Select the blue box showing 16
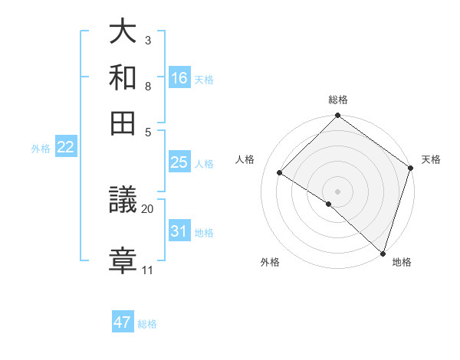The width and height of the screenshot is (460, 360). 179,77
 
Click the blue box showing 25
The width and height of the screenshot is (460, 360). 179,162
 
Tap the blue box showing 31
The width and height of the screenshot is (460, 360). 179,231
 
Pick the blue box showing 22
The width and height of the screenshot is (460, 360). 65,148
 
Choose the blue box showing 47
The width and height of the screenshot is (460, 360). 123,322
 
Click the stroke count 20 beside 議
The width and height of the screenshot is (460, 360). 148,208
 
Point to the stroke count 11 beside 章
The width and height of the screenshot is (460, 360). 148,270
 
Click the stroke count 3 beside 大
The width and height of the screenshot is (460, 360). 148,39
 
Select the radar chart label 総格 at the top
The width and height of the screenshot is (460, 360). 338,100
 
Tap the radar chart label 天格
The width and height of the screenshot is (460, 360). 431,159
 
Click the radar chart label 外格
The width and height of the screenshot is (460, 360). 270,262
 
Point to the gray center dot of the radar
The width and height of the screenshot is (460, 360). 337,191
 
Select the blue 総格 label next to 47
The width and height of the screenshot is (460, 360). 147,324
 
